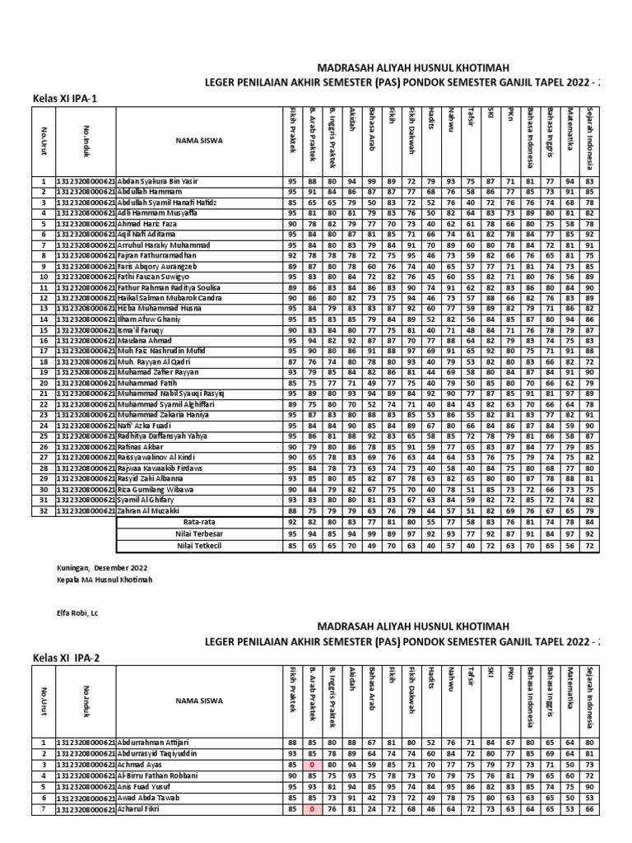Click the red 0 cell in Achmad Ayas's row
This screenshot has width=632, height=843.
(x=313, y=765)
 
